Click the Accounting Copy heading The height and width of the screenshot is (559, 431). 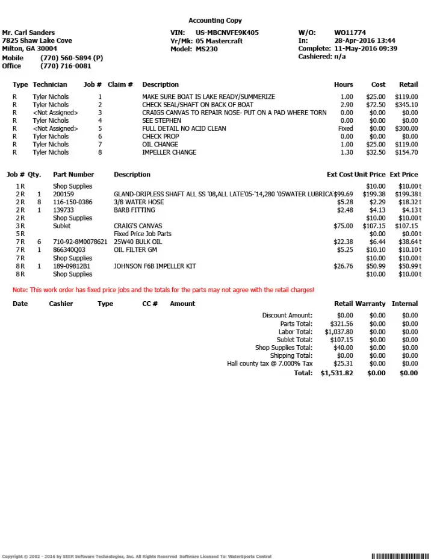[x=215, y=20]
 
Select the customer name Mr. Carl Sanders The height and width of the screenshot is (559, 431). [x=28, y=33]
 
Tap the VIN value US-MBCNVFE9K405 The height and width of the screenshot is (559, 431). [x=227, y=33]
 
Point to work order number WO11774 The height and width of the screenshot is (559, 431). [x=350, y=33]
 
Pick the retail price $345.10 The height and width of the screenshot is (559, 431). [x=406, y=105]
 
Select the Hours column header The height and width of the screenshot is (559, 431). [x=343, y=84]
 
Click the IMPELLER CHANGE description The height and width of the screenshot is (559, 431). [x=169, y=152]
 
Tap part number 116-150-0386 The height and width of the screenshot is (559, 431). [x=73, y=202]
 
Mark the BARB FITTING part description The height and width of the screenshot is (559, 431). [x=134, y=210]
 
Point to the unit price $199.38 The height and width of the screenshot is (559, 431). [x=374, y=195]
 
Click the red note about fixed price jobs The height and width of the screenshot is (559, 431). [x=163, y=290]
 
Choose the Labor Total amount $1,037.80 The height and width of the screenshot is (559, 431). [x=338, y=332]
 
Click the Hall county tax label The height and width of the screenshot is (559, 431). [x=270, y=364]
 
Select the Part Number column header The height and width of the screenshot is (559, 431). [x=73, y=175]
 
